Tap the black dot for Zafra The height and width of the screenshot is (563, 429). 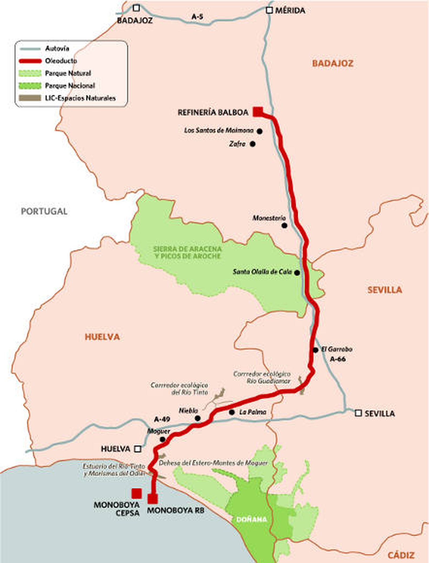coord(253,144)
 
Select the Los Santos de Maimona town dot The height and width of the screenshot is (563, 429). coord(259,131)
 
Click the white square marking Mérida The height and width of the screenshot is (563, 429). coord(269,10)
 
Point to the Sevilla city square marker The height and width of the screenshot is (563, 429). coord(358,413)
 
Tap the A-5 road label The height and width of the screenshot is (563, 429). coord(197,17)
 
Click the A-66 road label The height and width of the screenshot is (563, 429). coord(338,359)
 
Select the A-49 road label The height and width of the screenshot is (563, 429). coord(162,419)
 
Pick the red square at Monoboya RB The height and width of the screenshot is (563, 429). coord(153,499)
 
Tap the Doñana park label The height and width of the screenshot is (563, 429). coord(252,520)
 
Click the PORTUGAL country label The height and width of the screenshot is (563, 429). coord(44,211)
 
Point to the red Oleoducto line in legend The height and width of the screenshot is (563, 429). coord(30,61)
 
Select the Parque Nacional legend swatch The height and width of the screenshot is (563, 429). coord(30,86)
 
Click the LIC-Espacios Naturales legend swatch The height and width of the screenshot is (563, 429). coord(30,98)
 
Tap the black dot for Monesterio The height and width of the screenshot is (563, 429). coord(284,225)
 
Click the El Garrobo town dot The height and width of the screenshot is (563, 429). coord(315,350)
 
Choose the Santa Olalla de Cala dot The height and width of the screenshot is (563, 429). coord(297,273)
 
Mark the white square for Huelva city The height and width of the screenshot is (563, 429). coord(138,449)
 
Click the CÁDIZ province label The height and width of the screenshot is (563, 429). coord(401,555)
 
